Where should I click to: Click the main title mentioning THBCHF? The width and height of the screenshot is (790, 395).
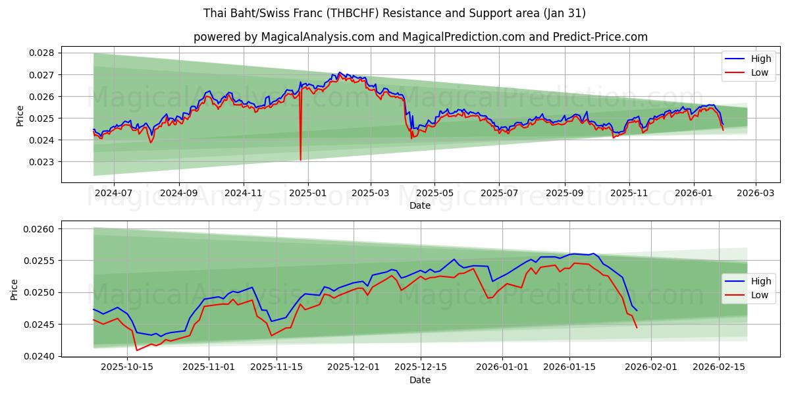click(x=394, y=13)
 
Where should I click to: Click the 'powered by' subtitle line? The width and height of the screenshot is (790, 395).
click(x=420, y=37)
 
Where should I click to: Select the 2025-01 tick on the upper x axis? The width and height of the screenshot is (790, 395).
click(x=307, y=194)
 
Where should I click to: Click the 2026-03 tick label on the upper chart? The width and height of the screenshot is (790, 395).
click(x=755, y=194)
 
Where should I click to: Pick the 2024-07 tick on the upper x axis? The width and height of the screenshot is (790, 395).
click(x=114, y=194)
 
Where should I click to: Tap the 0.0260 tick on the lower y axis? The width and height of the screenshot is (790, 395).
click(x=41, y=229)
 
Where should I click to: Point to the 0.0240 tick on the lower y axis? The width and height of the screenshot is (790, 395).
click(x=41, y=356)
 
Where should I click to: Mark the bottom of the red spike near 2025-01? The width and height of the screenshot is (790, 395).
click(x=300, y=160)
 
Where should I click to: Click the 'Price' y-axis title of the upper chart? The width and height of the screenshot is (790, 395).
click(x=20, y=116)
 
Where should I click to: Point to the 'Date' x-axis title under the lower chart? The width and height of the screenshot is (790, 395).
click(x=420, y=380)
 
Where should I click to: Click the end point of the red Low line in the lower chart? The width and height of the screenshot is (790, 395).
click(x=637, y=327)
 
